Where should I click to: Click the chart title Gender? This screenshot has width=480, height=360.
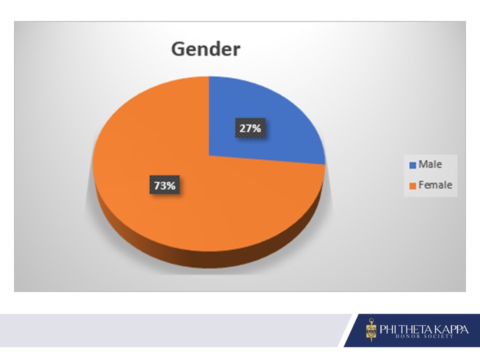tap(205, 49)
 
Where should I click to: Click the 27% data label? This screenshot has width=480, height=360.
tap(250, 128)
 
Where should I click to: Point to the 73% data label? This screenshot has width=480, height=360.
tap(164, 185)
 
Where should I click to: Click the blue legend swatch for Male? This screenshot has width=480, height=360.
tap(412, 165)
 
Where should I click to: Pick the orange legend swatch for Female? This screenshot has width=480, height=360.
tap(412, 185)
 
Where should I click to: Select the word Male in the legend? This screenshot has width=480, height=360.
tap(430, 164)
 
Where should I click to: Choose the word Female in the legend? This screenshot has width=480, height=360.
tap(435, 185)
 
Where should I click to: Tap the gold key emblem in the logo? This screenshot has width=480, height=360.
tap(371, 329)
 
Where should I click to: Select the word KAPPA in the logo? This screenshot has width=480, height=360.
tap(451, 329)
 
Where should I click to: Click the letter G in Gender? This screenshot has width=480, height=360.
tap(178, 49)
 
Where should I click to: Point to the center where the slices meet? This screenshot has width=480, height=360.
tap(209, 155)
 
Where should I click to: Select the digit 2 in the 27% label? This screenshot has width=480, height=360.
tap(242, 128)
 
